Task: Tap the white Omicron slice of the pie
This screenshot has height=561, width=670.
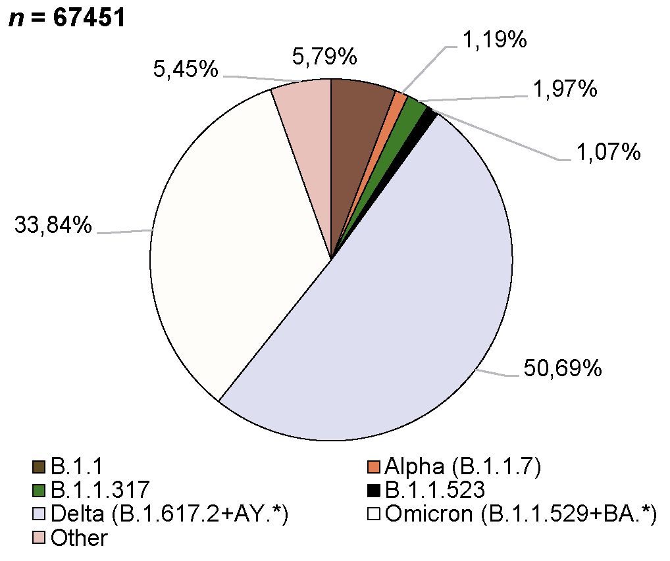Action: [224, 250]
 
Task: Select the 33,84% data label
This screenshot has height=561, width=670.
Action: [53, 226]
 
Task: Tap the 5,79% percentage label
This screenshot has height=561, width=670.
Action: [324, 57]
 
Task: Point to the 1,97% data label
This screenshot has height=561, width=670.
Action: [565, 88]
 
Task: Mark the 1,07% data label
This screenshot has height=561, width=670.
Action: [609, 153]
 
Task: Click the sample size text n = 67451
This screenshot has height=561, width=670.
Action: [66, 18]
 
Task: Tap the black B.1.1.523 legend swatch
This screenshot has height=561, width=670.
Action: [374, 490]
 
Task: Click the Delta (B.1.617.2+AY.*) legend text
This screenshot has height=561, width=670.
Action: [170, 514]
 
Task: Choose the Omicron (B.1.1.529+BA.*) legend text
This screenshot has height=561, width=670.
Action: [521, 514]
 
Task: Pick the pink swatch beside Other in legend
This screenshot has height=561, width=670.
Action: [38, 538]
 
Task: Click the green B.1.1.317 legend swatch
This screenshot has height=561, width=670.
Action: [38, 490]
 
